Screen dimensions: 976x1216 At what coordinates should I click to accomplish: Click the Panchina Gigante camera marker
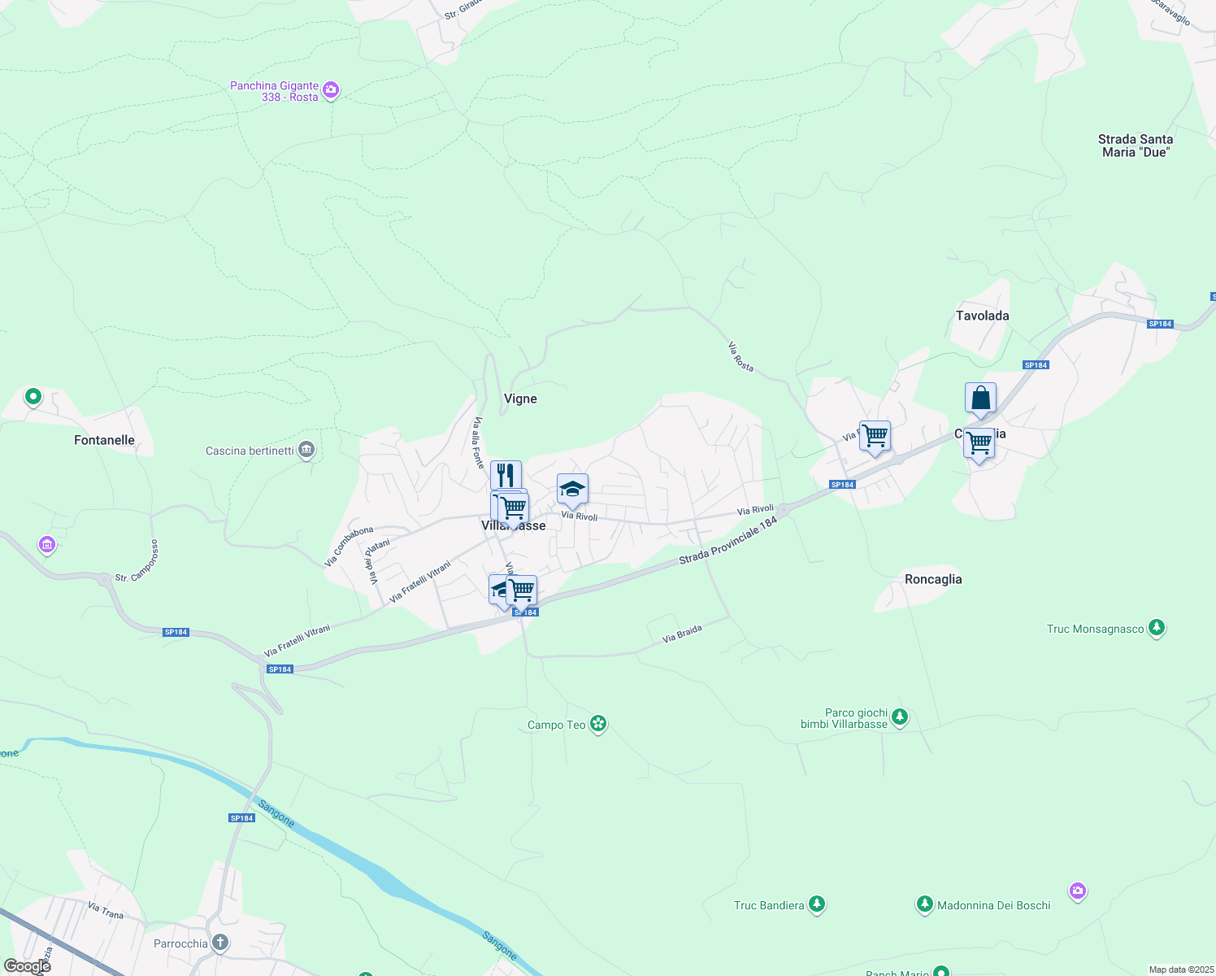[331, 90]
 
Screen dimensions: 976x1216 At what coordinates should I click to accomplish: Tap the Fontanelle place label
[104, 440]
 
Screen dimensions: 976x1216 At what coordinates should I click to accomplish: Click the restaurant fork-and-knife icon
[506, 474]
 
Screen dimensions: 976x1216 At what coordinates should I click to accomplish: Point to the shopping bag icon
[980, 399]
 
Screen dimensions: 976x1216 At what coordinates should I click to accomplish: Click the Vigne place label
[520, 399]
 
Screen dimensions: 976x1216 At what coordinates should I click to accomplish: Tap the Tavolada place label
[982, 316]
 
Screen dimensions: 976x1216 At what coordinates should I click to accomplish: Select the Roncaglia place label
[932, 579]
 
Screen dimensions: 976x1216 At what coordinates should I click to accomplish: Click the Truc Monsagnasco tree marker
[1157, 628]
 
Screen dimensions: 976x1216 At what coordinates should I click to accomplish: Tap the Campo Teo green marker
[598, 724]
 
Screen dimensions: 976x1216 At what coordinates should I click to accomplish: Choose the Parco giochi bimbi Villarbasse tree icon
[899, 717]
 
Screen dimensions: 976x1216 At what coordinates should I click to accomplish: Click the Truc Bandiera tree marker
[817, 904]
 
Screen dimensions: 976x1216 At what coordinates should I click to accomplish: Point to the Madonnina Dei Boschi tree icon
[924, 904]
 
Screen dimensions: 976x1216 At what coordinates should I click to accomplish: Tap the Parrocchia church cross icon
[219, 943]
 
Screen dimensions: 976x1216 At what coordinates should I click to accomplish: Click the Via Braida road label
[682, 634]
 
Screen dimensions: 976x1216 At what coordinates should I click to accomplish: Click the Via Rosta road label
[740, 357]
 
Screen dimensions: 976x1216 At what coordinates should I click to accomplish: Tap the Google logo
[27, 966]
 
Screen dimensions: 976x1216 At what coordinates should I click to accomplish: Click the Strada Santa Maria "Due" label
[1135, 146]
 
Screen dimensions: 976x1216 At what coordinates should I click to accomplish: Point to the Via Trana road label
[106, 910]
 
